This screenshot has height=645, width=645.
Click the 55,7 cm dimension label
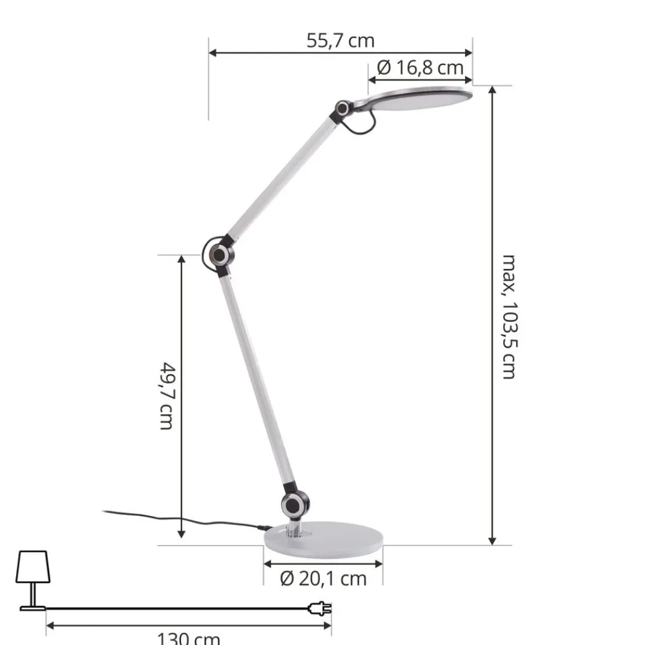click(x=340, y=41)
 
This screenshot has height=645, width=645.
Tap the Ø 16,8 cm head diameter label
click(x=421, y=67)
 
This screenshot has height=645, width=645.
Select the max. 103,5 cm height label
click(x=510, y=316)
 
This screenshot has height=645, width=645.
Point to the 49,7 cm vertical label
click(x=166, y=396)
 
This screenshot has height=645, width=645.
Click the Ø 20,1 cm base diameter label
click(x=323, y=579)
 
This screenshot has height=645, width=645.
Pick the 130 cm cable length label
click(x=188, y=639)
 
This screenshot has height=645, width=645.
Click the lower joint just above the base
click(x=295, y=505)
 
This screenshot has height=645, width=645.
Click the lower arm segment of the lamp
click(x=256, y=381)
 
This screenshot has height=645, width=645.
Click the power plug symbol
click(x=321, y=608)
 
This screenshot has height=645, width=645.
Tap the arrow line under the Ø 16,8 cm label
click(x=421, y=79)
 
